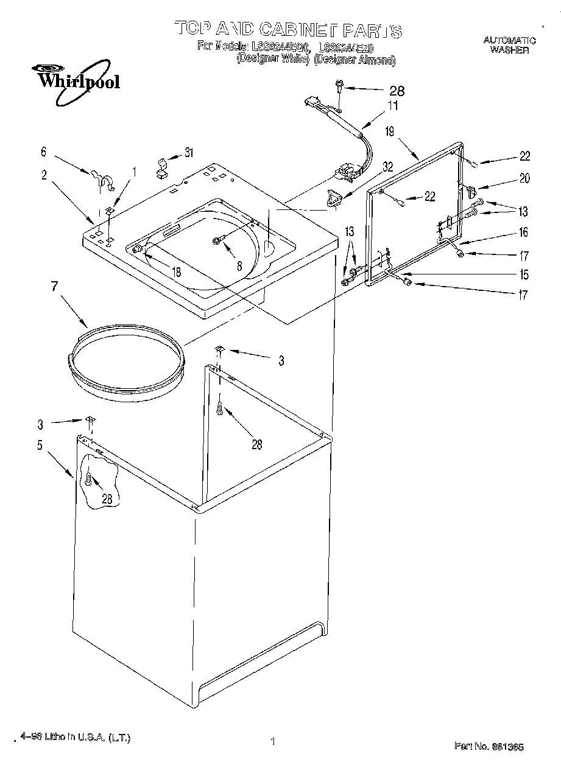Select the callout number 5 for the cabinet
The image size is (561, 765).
coord(40,445)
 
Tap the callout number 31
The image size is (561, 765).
coord(189,153)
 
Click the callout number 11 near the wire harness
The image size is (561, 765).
coord(393,106)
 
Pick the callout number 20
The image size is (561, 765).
coord(524,178)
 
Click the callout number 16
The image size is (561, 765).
coord(524,232)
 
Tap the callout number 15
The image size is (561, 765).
coord(524,274)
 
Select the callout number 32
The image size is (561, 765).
coord(387,166)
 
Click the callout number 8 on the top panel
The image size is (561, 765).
coord(239,265)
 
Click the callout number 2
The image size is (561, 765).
coord(44,175)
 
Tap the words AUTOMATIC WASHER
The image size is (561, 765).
coord(509,45)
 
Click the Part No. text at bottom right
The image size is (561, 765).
coord(490,746)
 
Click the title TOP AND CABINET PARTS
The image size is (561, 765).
coord(288,29)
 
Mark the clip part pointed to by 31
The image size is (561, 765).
coord(162,167)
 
